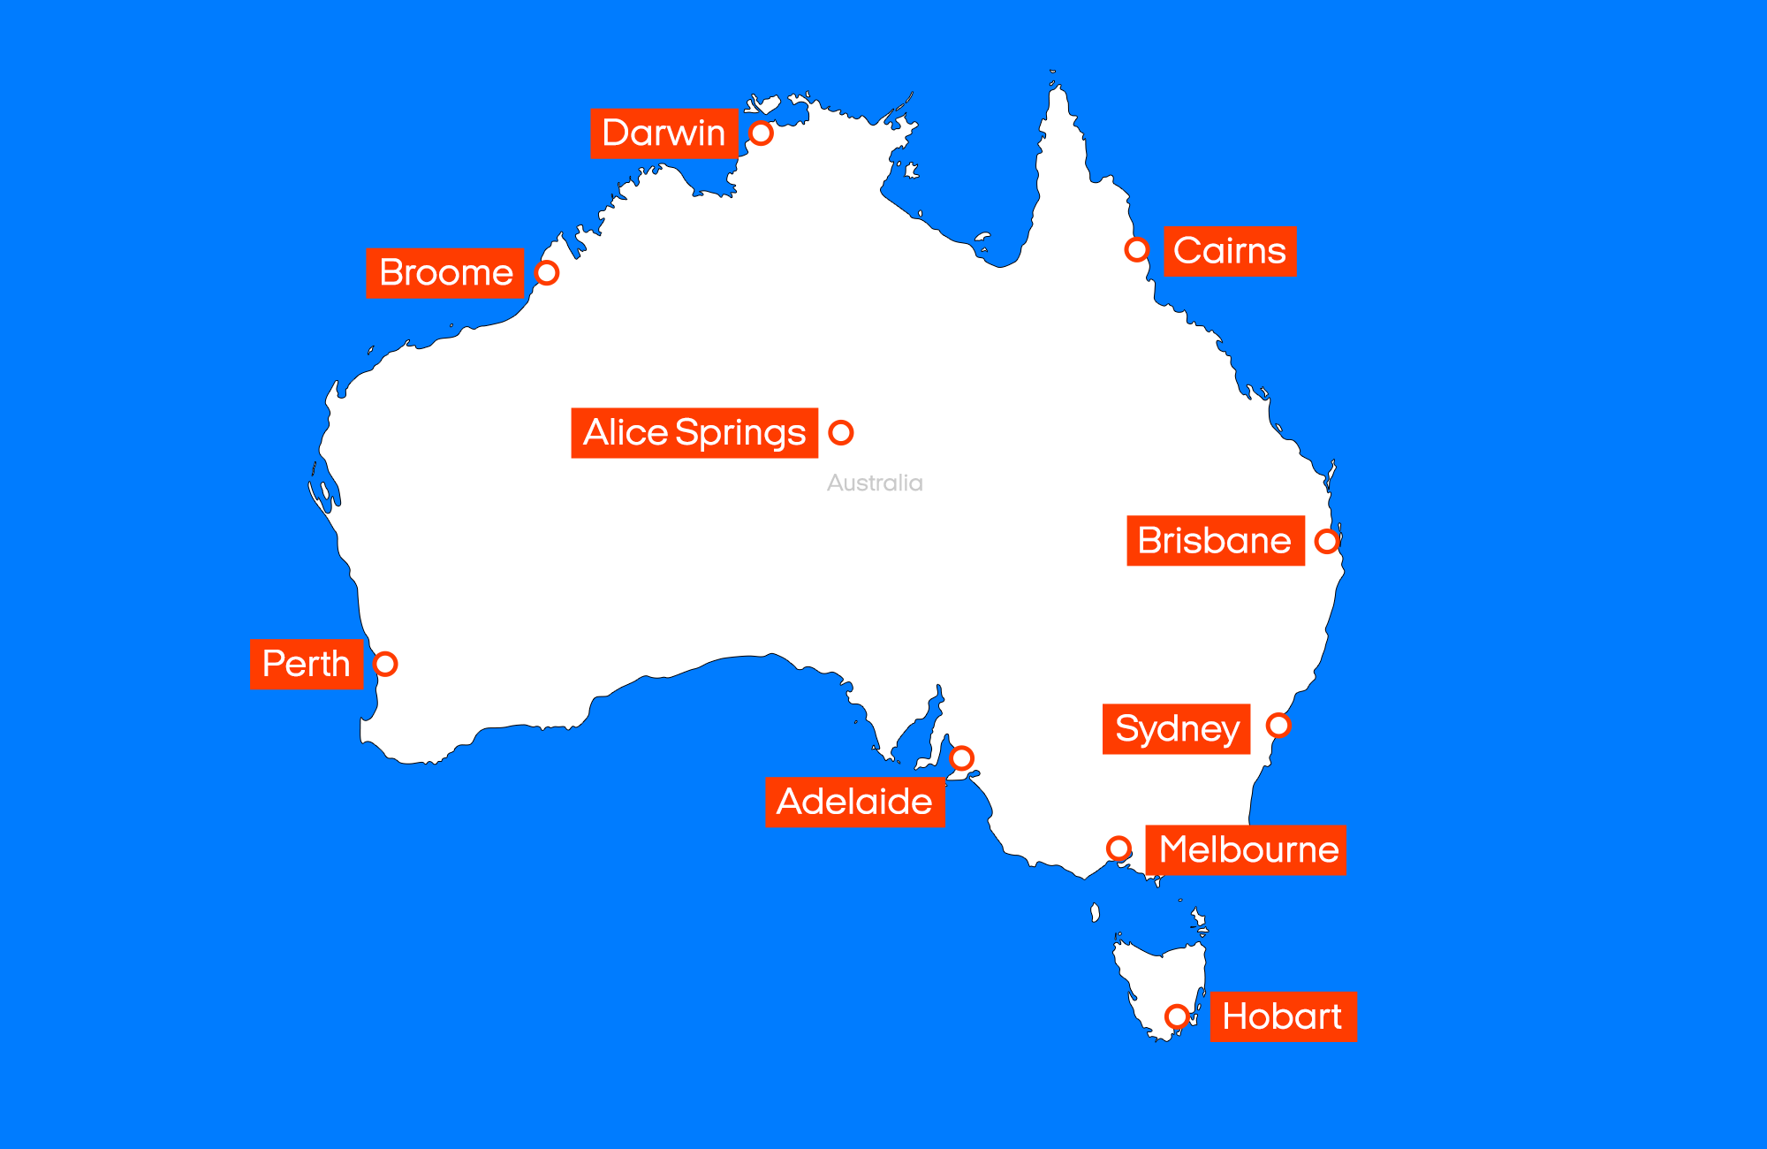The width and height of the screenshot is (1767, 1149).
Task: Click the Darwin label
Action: tap(664, 133)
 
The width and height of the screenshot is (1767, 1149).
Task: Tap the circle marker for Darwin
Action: tap(761, 133)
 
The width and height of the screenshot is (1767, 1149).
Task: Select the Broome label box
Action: tap(445, 273)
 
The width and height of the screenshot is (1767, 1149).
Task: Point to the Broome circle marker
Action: tap(547, 273)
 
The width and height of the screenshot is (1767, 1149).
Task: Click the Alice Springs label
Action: tap(694, 433)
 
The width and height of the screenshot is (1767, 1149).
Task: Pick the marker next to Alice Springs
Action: tap(840, 432)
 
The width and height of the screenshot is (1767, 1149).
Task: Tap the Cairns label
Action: tap(1230, 252)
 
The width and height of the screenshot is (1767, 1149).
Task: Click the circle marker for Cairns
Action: tap(1137, 250)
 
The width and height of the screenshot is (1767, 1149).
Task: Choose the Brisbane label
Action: tap(1215, 541)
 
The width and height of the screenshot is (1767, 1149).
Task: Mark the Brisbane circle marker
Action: tap(1327, 541)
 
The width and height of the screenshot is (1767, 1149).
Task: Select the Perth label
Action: tap(307, 664)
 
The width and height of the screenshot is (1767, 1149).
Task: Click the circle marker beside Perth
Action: tap(385, 664)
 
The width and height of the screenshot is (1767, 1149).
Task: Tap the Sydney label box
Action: tap(1176, 729)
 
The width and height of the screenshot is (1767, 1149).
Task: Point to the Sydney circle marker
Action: tap(1278, 726)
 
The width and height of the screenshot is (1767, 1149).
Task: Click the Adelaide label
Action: tap(854, 803)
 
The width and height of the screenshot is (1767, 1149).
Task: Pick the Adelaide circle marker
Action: tap(962, 758)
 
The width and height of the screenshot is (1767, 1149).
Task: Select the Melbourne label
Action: tap(1246, 850)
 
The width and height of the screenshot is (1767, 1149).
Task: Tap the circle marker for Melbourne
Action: tap(1119, 848)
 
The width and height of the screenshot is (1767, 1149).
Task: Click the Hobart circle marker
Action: tap(1177, 1016)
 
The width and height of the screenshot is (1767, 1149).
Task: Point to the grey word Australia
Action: tap(875, 483)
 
